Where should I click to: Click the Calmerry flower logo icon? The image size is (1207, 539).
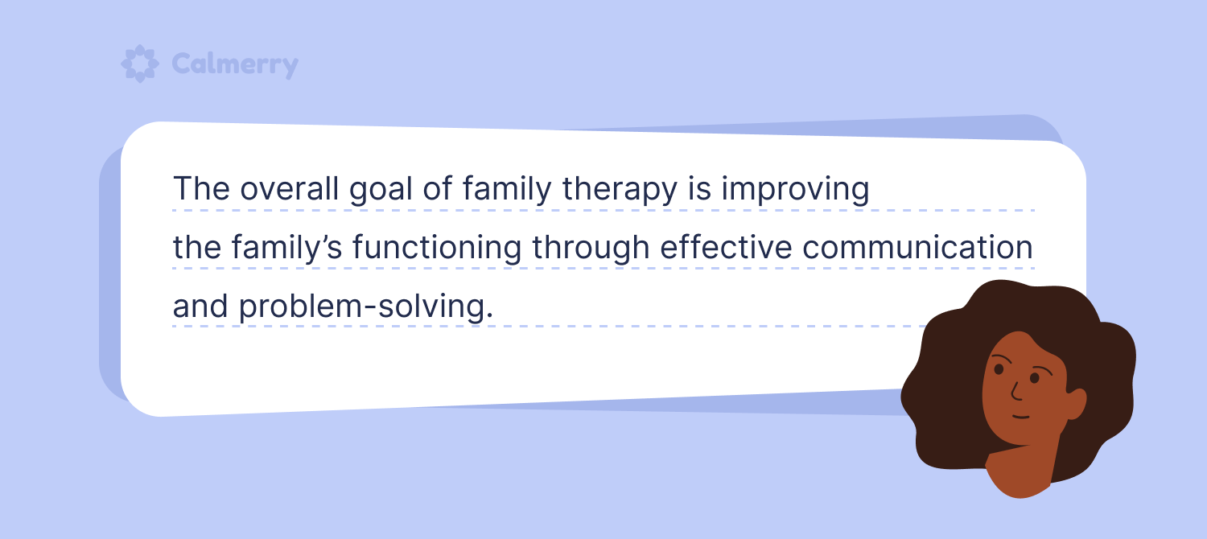[139, 64]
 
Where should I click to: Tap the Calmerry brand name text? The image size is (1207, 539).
[235, 64]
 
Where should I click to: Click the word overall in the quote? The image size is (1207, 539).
[290, 189]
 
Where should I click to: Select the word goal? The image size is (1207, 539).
[381, 190]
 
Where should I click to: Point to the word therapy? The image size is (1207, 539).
[620, 190]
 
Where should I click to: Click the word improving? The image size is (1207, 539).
[795, 190]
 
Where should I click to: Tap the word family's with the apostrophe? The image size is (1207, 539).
[286, 249]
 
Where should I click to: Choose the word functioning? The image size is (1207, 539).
[437, 249]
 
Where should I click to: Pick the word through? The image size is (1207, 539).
[591, 249]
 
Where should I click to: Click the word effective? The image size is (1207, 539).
[727, 247]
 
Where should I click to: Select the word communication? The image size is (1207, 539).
[917, 247]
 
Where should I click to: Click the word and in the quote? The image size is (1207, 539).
[200, 306]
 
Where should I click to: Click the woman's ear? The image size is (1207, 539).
[1075, 404]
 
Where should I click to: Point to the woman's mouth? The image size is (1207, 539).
[1020, 417]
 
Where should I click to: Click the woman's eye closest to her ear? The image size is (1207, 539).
[1035, 378]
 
